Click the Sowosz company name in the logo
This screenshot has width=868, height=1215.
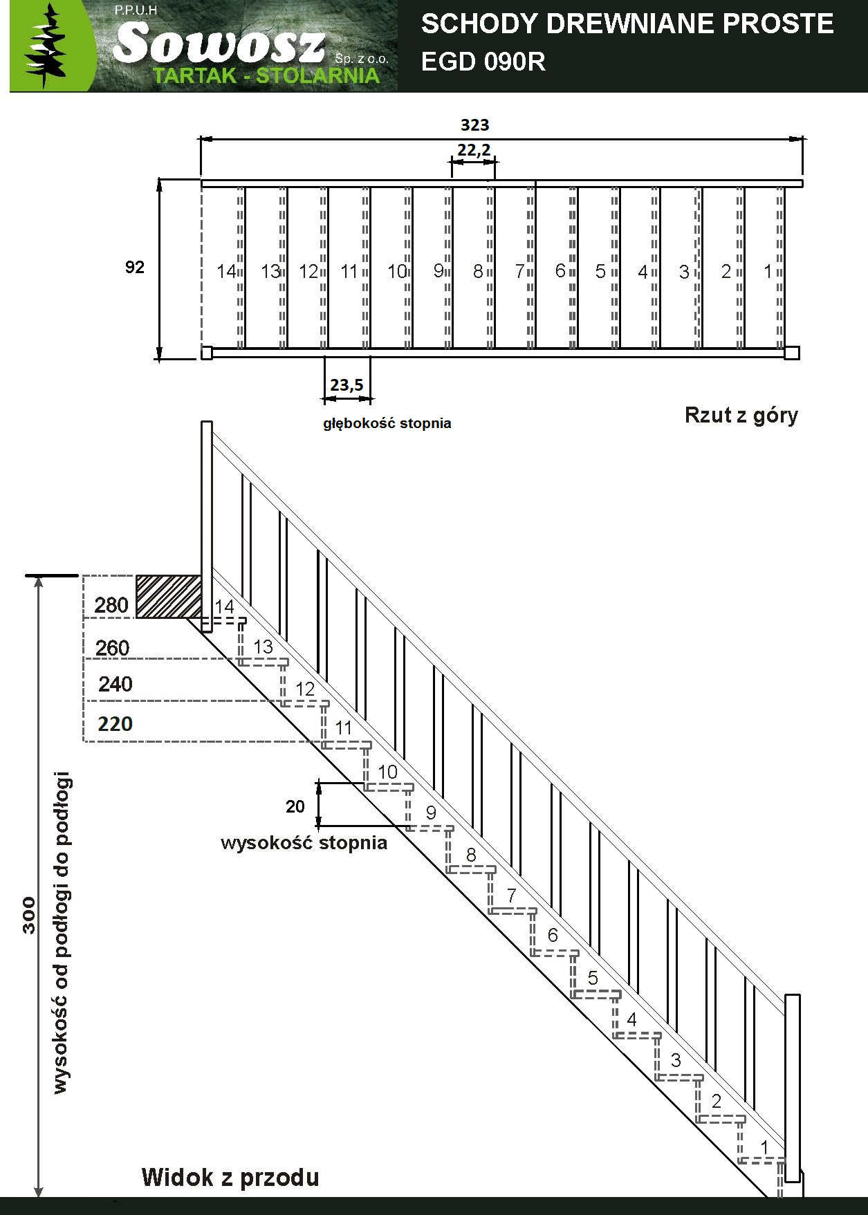click(x=219, y=42)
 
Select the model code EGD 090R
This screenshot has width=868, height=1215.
click(x=483, y=62)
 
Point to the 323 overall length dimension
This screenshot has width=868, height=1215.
click(x=474, y=125)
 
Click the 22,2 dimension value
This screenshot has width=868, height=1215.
click(x=474, y=150)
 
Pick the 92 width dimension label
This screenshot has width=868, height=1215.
click(x=135, y=267)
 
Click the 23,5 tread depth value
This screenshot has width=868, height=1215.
click(x=347, y=384)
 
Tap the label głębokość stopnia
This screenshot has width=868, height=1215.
click(x=387, y=423)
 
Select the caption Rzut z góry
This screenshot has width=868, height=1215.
click(x=741, y=415)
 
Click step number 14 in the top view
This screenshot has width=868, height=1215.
click(x=226, y=272)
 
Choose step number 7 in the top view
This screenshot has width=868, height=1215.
click(x=519, y=272)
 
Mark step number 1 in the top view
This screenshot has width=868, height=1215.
click(x=768, y=272)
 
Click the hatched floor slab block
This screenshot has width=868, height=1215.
click(x=169, y=596)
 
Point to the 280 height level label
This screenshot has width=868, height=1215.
click(x=111, y=605)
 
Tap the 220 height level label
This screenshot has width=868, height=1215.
click(x=115, y=724)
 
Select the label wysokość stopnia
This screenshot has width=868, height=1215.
click(x=304, y=843)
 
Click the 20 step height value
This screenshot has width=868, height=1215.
click(x=295, y=806)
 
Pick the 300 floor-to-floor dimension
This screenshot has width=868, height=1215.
click(x=29, y=915)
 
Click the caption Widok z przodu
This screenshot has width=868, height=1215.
click(x=230, y=1177)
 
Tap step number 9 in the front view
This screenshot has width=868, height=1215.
click(x=431, y=813)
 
